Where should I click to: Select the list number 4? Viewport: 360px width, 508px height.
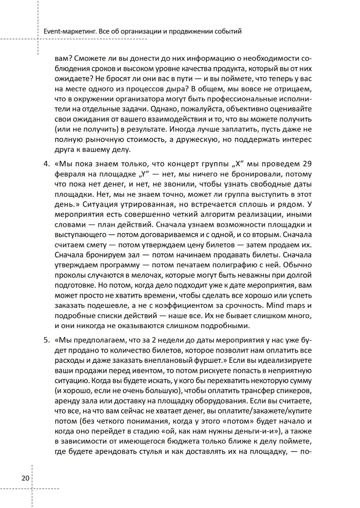point(47,164)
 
